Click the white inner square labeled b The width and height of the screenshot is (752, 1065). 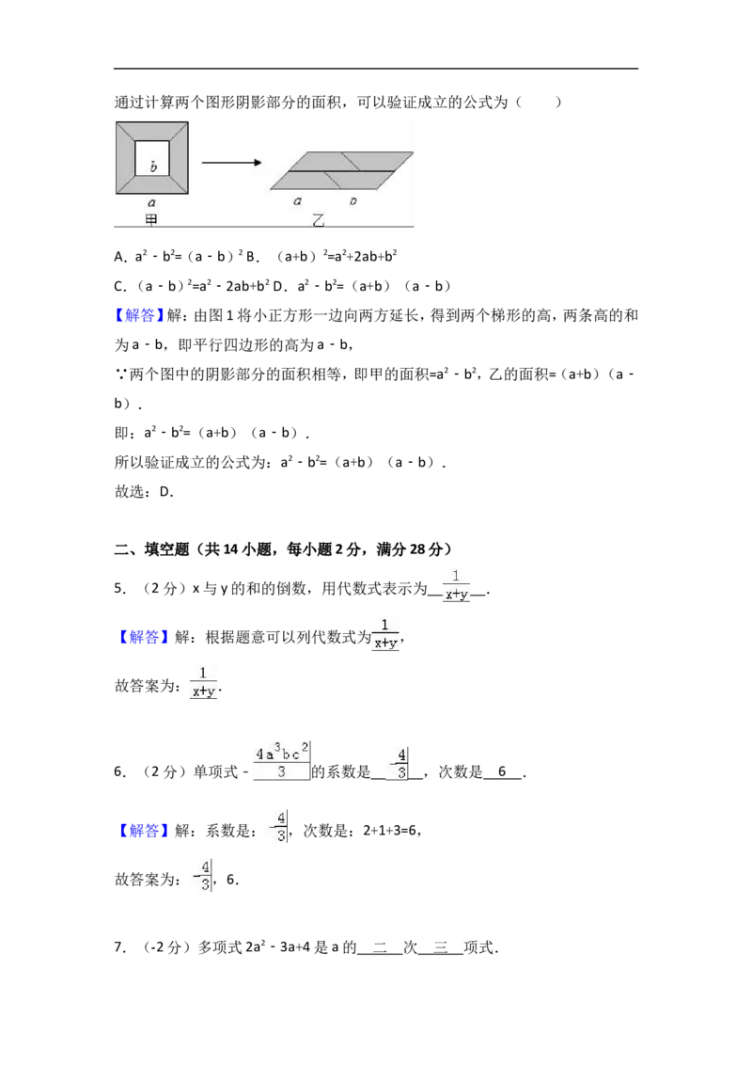pos(152,158)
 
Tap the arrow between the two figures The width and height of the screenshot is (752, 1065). pos(231,163)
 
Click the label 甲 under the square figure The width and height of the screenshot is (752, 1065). pos(151,219)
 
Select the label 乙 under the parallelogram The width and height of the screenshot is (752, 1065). pos(318,220)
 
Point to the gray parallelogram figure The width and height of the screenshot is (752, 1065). pos(341,170)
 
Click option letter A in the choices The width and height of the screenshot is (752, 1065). pos(119,257)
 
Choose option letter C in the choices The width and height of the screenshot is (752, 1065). pos(119,286)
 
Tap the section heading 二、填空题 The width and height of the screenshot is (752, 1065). pos(151,549)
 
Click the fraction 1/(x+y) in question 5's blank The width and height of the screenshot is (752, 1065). pos(456,585)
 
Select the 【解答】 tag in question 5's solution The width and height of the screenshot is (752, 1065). pos(143,637)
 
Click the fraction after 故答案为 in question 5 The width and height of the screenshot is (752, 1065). pos(203,683)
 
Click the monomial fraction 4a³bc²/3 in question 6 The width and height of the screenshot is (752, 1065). pos(282,761)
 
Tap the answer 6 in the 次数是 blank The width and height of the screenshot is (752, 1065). pos(502,771)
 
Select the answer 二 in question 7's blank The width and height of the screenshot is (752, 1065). pos(380,946)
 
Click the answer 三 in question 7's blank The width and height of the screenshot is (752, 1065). pos(441,946)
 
